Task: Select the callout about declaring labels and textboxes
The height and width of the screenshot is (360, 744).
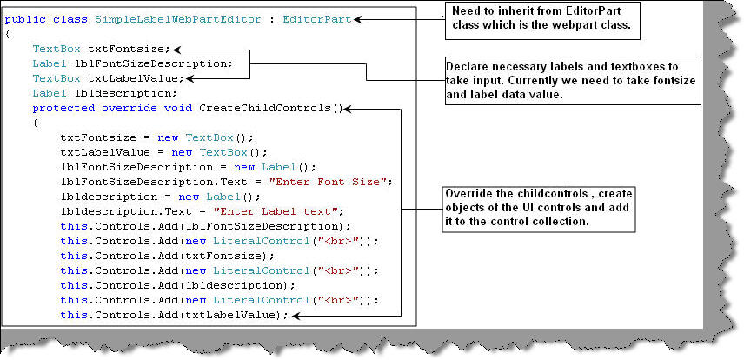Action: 555,79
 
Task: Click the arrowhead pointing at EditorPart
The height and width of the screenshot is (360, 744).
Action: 359,19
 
